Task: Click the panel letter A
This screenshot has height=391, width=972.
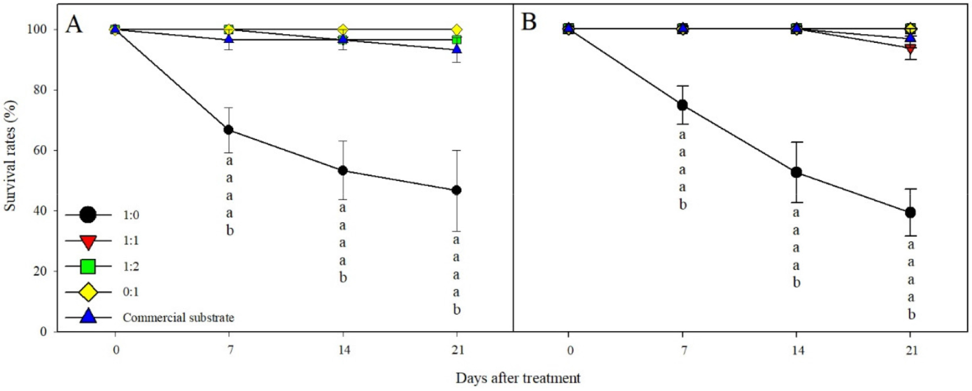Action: tap(74, 24)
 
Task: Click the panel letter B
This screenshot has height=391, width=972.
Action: tap(529, 23)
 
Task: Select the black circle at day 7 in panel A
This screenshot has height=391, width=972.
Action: tap(229, 129)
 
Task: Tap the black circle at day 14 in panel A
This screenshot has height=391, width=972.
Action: tap(343, 170)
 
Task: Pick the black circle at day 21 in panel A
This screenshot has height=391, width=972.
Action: tap(456, 190)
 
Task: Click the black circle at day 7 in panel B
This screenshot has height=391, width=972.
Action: tap(682, 105)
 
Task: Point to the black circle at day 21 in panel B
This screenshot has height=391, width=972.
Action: tap(910, 212)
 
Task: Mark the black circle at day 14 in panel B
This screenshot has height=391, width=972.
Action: tap(796, 172)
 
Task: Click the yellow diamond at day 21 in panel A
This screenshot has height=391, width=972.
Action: tap(456, 29)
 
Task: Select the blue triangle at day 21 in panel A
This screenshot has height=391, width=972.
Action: tap(456, 49)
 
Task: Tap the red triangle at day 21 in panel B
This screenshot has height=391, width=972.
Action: tap(910, 49)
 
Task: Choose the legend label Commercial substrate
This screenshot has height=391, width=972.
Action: tap(178, 318)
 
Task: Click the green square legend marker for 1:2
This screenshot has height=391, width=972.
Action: tap(88, 266)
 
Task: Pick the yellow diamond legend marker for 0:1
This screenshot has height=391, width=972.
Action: tap(88, 292)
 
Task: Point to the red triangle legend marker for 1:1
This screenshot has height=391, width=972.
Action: tap(88, 242)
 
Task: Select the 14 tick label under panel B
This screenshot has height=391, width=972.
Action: tap(797, 350)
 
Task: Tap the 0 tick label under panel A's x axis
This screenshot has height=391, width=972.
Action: tap(116, 350)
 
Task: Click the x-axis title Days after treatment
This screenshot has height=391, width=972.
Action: tap(518, 378)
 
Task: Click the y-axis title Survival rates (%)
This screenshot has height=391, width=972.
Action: tap(10, 156)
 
